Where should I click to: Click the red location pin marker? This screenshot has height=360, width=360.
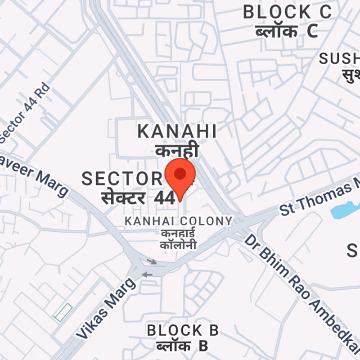point(180,175)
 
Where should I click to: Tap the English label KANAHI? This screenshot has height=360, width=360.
point(177,131)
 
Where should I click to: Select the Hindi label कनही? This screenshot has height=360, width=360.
point(177,150)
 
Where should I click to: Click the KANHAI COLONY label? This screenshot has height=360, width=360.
point(179,221)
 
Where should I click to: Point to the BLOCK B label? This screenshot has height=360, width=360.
point(183,330)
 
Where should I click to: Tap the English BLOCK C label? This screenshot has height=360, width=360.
point(287,12)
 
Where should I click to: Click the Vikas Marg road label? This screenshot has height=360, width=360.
point(106,308)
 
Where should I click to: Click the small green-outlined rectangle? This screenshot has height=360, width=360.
point(63,312)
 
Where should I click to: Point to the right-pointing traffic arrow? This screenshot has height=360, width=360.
point(152,261)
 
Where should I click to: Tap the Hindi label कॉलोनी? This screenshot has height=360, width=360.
point(179,245)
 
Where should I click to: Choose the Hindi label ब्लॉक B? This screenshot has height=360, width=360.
point(182,346)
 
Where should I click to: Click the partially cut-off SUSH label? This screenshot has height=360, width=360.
point(340,58)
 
